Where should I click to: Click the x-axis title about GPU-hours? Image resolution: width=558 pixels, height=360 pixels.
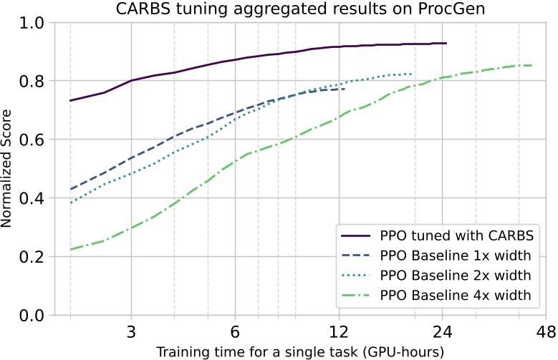pos(299,351)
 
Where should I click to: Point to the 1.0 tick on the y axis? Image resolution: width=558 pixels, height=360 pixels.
pos(34,23)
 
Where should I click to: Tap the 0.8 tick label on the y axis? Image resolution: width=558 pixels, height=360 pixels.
pos(34,82)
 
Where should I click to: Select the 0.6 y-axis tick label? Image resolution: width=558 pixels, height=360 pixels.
pos(34,140)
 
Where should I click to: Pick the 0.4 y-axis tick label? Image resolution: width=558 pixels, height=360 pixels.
pos(34,198)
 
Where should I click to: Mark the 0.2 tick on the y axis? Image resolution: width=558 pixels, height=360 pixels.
pos(34,257)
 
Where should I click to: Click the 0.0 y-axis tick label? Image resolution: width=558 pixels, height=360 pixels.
pos(34,316)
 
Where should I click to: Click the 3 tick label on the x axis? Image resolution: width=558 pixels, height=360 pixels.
pos(131,331)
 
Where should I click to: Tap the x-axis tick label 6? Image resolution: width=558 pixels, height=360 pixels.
pos(235,331)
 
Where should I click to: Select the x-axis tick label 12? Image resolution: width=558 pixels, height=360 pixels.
pos(339,331)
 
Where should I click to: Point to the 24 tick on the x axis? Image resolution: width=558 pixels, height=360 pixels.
pos(443,331)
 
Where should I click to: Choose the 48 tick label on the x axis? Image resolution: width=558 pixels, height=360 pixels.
pos(547,331)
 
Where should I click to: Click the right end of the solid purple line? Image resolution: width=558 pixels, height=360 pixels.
pos(446,44)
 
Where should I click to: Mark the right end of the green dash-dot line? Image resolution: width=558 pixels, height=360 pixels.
pos(531,66)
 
